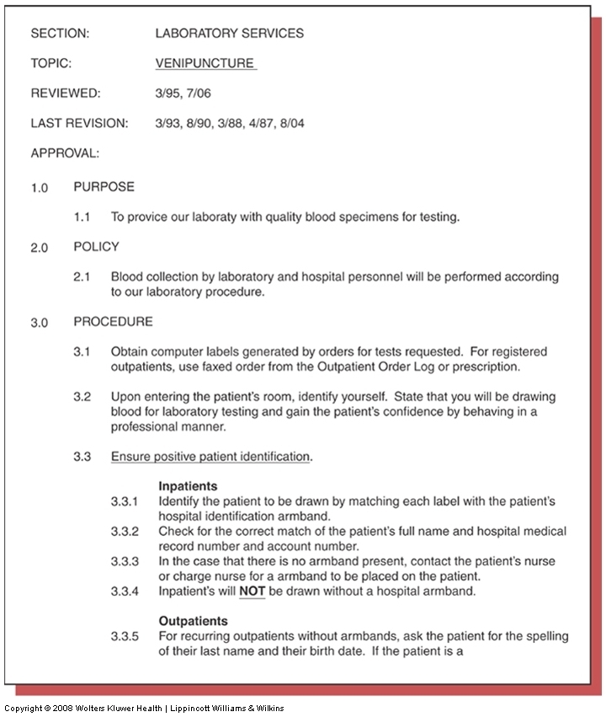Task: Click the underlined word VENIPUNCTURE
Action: click(x=205, y=63)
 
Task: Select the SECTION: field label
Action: click(x=60, y=34)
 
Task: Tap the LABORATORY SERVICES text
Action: click(x=230, y=34)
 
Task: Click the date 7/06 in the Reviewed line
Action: click(x=201, y=94)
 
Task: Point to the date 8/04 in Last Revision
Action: click(x=290, y=124)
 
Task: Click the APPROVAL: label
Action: click(x=65, y=153)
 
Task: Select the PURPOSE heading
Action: click(x=104, y=187)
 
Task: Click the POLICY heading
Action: click(x=96, y=247)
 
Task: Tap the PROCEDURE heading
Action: click(x=113, y=322)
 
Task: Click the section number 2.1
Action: click(x=82, y=277)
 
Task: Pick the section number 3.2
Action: click(x=82, y=397)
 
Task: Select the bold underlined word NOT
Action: click(x=252, y=591)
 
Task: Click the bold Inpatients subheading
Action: click(x=188, y=486)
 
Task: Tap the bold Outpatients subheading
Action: click(x=193, y=621)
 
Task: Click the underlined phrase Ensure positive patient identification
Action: click(x=210, y=457)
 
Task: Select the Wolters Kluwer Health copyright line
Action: click(x=144, y=708)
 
